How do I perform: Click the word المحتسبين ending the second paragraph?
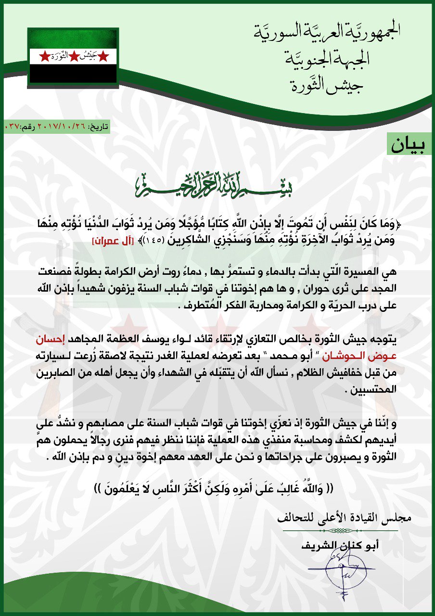(x=376, y=391)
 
